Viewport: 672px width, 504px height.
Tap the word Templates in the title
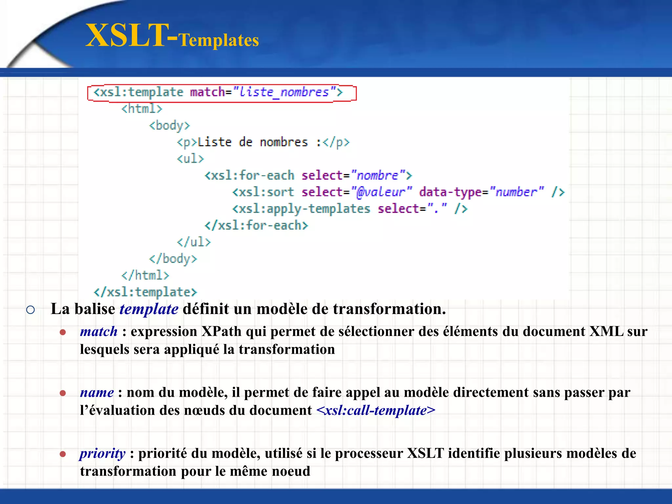(x=219, y=40)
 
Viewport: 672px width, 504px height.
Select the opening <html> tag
(x=142, y=109)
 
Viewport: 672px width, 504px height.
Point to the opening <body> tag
(x=169, y=125)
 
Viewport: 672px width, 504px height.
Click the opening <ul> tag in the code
(x=190, y=159)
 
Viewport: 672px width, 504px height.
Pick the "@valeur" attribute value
(x=381, y=192)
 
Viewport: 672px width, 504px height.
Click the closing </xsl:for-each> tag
(x=256, y=225)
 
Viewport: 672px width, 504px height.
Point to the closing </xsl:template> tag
(x=145, y=292)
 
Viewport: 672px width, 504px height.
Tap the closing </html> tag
(x=145, y=275)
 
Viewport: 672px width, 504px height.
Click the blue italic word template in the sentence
(x=149, y=309)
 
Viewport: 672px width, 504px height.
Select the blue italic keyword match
(x=99, y=331)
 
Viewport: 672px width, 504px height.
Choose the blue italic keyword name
(x=97, y=392)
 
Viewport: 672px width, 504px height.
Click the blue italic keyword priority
(x=102, y=453)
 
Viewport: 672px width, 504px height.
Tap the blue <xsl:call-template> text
(x=376, y=410)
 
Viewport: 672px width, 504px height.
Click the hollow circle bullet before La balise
(x=31, y=310)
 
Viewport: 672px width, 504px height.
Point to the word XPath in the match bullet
(x=221, y=331)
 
